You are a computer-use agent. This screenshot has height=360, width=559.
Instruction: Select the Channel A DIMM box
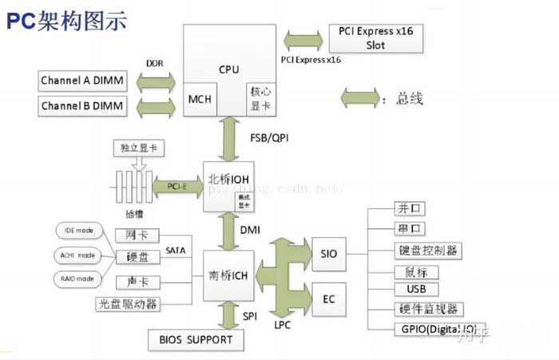click(x=87, y=81)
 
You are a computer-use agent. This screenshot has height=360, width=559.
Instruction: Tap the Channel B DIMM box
click(x=87, y=106)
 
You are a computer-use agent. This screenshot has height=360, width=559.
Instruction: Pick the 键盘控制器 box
click(x=428, y=251)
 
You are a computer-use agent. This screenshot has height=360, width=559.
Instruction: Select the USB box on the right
click(x=416, y=289)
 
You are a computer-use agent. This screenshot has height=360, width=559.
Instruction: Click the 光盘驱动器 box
click(x=127, y=304)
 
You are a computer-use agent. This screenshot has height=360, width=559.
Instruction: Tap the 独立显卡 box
click(x=137, y=148)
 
